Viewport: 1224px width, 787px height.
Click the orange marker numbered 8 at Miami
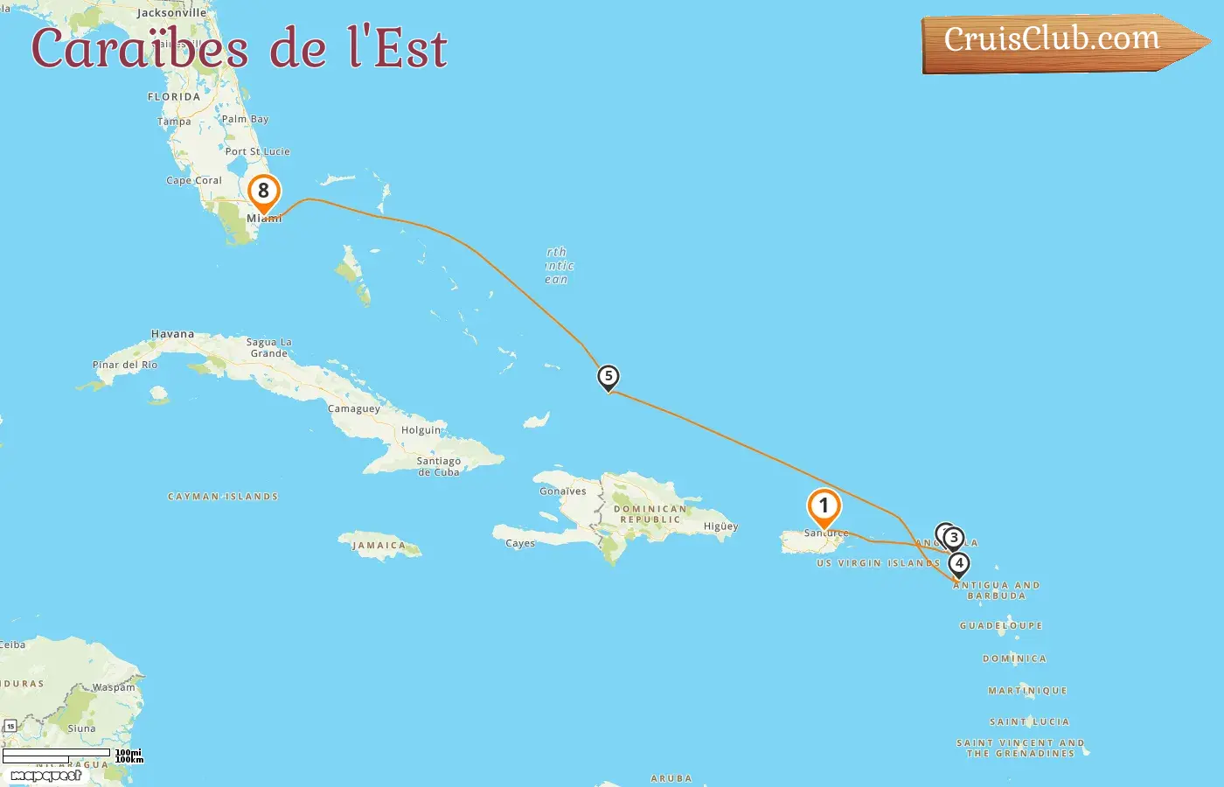coord(263,192)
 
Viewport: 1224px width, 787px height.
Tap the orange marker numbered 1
coord(824,505)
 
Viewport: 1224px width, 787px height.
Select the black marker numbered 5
coord(609,377)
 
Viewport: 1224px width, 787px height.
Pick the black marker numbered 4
coord(959,564)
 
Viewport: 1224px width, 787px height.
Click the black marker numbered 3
coord(954,538)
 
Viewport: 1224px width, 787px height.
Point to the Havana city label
coord(172,334)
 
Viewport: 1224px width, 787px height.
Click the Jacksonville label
coord(171,13)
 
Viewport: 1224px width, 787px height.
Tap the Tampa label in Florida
coord(174,122)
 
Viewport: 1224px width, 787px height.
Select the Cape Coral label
coord(194,180)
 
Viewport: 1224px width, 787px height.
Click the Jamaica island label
coord(379,545)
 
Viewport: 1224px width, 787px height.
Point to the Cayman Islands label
coord(223,497)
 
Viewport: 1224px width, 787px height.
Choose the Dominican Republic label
coord(650,514)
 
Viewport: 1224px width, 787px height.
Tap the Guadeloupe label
coord(1001,626)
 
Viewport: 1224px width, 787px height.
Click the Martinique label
coord(1027,691)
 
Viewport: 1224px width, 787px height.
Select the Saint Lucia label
coord(1029,722)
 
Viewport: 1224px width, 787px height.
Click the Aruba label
coord(671,778)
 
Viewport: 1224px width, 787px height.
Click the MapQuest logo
coord(45,776)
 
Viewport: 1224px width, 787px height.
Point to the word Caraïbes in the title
coord(140,49)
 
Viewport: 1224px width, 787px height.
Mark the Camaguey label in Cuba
coord(354,408)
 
